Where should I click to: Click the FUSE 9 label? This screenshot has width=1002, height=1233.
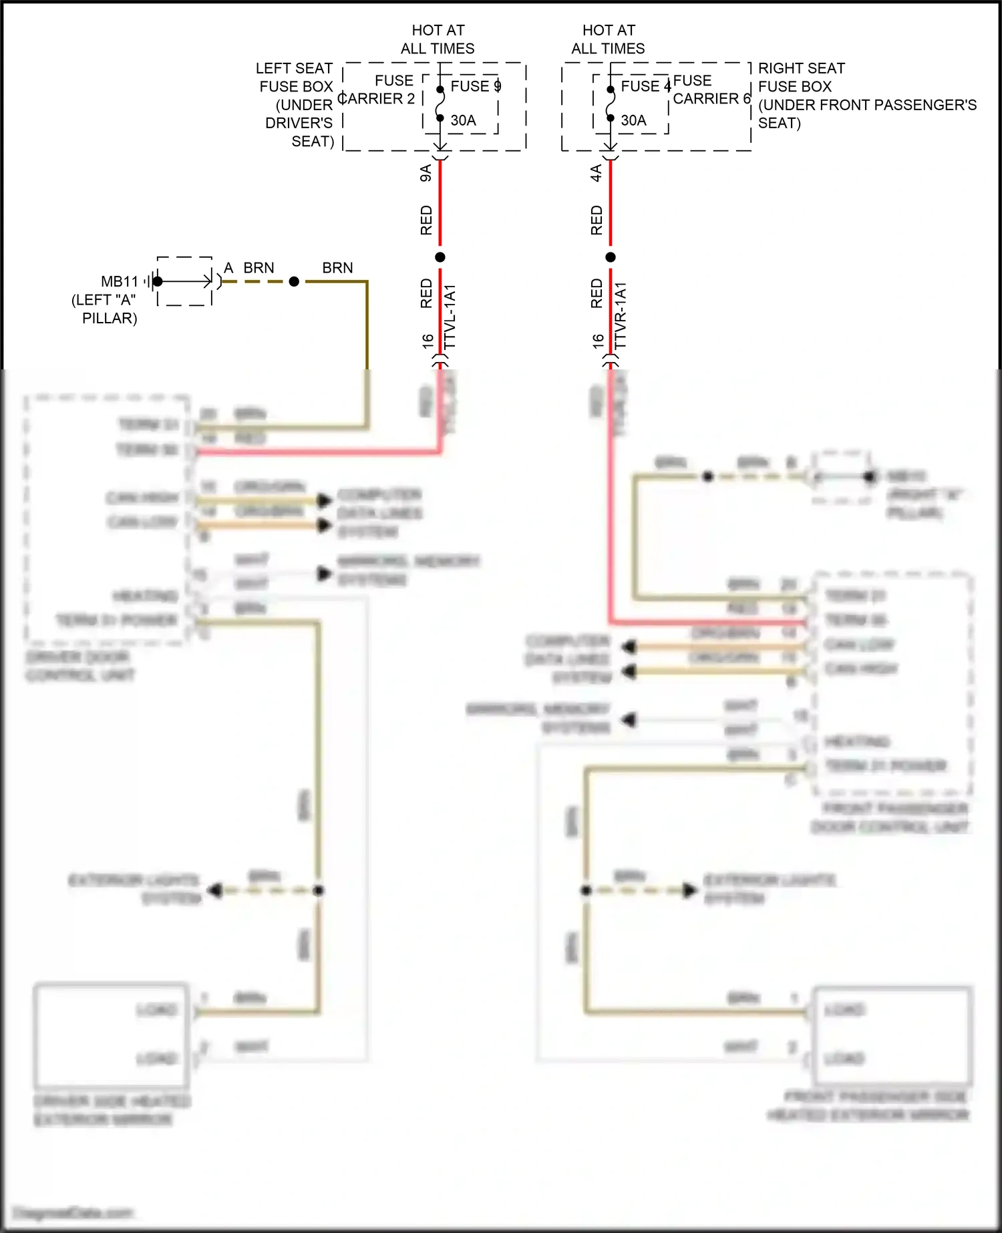point(475,86)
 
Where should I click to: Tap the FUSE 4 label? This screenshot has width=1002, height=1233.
point(645,86)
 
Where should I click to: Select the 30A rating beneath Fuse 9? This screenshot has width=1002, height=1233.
point(463,121)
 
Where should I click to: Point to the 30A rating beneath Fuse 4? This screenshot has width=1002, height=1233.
point(633,121)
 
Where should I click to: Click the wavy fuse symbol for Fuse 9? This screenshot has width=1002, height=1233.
point(440,104)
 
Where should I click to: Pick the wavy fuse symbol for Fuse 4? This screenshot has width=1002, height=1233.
point(611,104)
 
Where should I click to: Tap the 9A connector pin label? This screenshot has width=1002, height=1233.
point(426,174)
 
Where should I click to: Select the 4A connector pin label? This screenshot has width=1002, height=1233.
point(596,174)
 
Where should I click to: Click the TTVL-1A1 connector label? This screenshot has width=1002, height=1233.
point(450,316)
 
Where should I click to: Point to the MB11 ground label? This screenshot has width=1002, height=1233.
point(120,282)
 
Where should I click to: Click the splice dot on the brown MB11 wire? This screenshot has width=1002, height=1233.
point(294,282)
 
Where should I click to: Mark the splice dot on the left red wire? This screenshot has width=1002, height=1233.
point(440,257)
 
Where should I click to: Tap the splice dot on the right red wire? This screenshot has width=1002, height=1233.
point(611,257)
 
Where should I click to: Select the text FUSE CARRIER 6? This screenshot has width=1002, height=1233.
point(711,90)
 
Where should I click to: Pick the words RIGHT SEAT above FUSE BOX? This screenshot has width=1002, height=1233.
point(801,68)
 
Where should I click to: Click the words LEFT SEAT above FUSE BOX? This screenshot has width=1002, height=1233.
point(294,68)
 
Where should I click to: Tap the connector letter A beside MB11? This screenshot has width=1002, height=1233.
point(228,268)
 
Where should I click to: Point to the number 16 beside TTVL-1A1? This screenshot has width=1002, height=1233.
point(428,341)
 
